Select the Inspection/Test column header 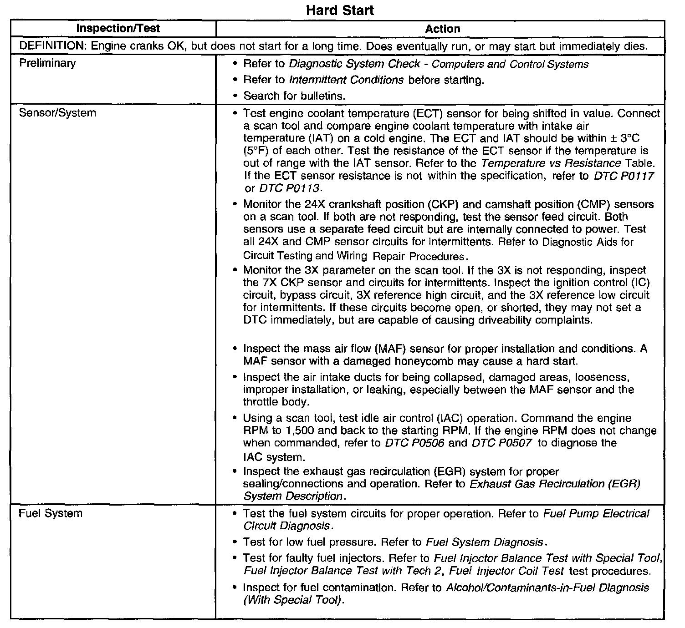[x=118, y=29]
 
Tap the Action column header [x=443, y=29]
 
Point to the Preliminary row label [x=47, y=63]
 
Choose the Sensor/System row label [x=57, y=113]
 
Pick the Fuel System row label [x=51, y=513]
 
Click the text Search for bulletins [x=294, y=96]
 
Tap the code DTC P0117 [x=624, y=176]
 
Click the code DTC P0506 [x=414, y=443]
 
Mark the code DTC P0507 [x=502, y=443]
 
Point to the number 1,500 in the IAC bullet [x=289, y=430]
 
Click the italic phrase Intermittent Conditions [x=346, y=80]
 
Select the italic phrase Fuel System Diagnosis [x=485, y=542]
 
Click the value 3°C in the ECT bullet [x=634, y=138]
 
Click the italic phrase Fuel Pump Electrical [x=596, y=514]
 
